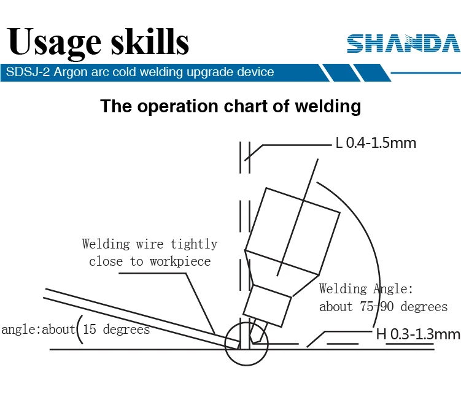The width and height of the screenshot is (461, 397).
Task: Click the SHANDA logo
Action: (x=403, y=44)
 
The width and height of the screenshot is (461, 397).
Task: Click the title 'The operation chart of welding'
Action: (x=230, y=106)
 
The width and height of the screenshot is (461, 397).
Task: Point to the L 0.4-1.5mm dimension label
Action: (x=376, y=144)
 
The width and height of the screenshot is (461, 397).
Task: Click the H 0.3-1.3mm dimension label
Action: (x=417, y=334)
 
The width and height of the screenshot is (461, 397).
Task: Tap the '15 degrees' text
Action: (x=116, y=330)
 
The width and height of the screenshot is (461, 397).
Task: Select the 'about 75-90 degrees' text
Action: (x=383, y=307)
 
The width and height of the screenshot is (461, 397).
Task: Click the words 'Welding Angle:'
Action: (x=366, y=289)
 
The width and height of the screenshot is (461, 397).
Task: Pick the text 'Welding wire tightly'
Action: (x=150, y=244)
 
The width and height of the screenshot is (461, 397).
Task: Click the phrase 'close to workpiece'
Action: (x=150, y=261)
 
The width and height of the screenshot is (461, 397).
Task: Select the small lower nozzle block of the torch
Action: (x=267, y=305)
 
